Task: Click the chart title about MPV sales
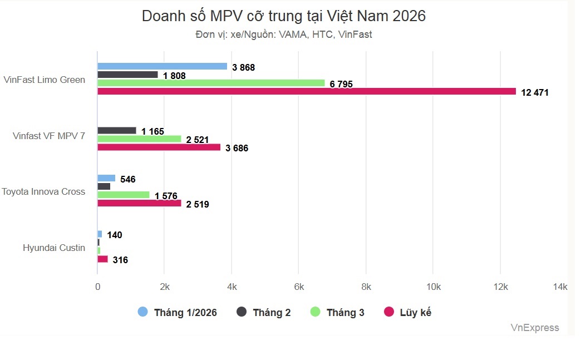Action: [283, 16]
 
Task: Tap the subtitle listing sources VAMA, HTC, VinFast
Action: [283, 34]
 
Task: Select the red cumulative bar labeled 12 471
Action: [307, 91]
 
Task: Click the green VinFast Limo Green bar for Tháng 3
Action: [211, 83]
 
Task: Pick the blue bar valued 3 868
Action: [162, 66]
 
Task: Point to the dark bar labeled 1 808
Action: [127, 75]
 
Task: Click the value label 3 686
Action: [237, 148]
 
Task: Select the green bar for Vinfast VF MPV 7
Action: [139, 139]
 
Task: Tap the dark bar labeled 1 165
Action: [117, 131]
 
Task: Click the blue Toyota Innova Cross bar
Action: [106, 178]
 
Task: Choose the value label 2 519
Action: [197, 204]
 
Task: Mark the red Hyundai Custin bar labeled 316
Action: [102, 259]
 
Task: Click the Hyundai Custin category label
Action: [54, 248]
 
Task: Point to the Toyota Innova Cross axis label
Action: [43, 191]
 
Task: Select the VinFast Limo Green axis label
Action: [45, 80]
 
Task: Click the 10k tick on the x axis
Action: [433, 287]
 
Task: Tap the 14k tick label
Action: [559, 287]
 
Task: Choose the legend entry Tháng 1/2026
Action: [178, 312]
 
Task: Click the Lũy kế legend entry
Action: [408, 312]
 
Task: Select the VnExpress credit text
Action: [534, 328]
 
